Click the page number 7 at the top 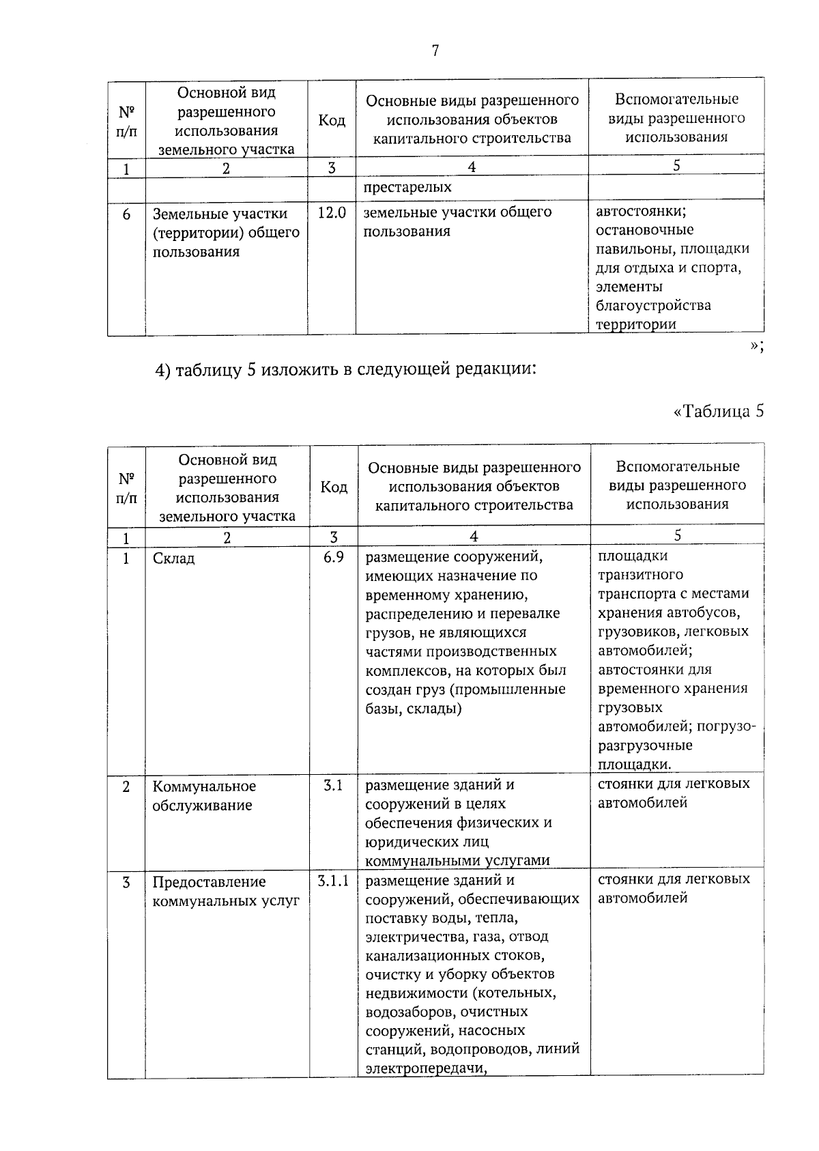pyautogui.click(x=435, y=51)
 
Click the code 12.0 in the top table pyautogui.click(x=332, y=213)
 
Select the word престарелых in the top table pyautogui.click(x=407, y=187)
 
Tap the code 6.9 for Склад pyautogui.click(x=334, y=557)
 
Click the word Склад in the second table pyautogui.click(x=174, y=558)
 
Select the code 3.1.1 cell pyautogui.click(x=333, y=881)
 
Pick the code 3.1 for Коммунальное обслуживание pyautogui.click(x=333, y=785)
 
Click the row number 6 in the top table pyautogui.click(x=126, y=214)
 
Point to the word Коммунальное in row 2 pyautogui.click(x=204, y=786)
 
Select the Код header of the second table pyautogui.click(x=334, y=487)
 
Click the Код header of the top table pyautogui.click(x=332, y=120)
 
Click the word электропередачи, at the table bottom pyautogui.click(x=425, y=1069)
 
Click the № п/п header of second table pyautogui.click(x=126, y=487)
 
